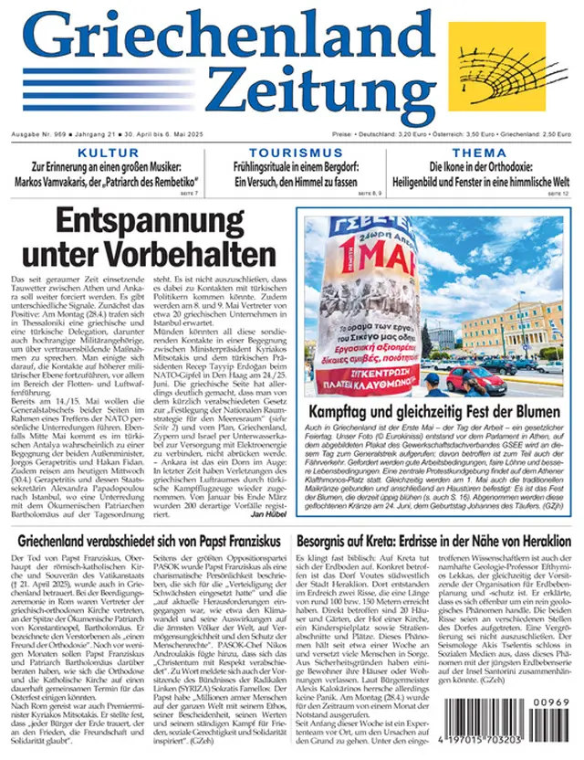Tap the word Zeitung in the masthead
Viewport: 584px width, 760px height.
point(314,90)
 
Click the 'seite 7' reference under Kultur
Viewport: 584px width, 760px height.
point(188,195)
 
